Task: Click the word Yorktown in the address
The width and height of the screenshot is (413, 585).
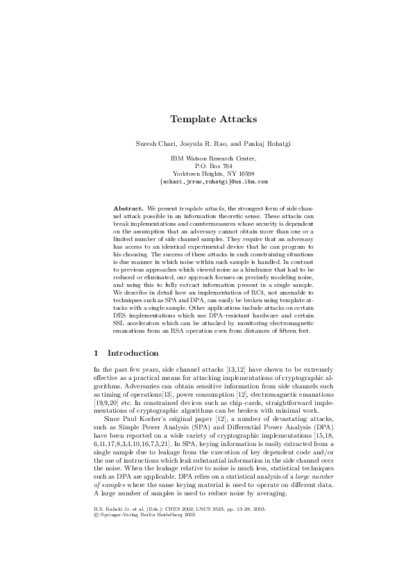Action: [x=186, y=173]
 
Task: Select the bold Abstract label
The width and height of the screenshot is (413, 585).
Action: [x=128, y=208]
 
